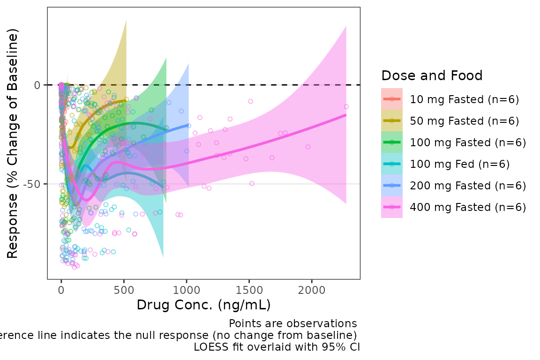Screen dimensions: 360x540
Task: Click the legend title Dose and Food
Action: (432, 75)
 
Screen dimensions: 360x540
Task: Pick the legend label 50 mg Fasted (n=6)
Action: (465, 120)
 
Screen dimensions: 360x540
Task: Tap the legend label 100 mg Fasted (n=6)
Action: (468, 142)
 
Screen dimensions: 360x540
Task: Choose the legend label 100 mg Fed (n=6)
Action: (459, 164)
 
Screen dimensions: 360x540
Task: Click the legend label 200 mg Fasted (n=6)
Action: (468, 185)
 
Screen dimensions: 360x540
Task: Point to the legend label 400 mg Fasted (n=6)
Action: (468, 207)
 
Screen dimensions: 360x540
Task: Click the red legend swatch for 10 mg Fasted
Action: (392, 99)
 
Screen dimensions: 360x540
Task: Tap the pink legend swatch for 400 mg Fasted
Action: (392, 207)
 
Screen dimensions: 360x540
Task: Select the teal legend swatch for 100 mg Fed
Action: (392, 164)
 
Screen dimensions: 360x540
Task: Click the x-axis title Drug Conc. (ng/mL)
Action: (203, 306)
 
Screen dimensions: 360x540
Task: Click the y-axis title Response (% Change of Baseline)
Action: (13, 143)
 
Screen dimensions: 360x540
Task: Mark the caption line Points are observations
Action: (292, 323)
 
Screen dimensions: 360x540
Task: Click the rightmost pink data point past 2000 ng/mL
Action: (346, 106)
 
